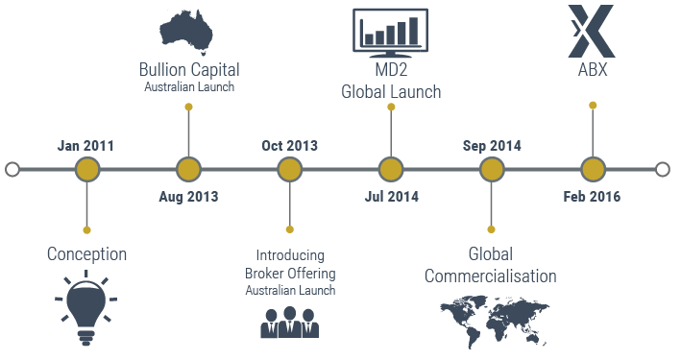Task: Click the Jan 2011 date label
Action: [85, 146]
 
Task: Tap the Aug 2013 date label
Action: [188, 197]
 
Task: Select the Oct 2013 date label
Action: [289, 146]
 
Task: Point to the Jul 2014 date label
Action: [391, 197]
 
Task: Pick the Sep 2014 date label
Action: [492, 146]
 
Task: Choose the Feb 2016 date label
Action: [592, 197]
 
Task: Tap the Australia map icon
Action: [189, 33]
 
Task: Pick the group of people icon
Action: [289, 323]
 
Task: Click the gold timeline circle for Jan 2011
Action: [87, 170]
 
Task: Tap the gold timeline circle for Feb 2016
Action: [593, 170]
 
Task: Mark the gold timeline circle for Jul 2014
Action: [390, 170]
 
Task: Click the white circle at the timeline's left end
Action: [12, 170]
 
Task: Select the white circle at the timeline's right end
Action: [663, 170]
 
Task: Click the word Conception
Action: [86, 254]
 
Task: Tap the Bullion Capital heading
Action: [189, 70]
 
